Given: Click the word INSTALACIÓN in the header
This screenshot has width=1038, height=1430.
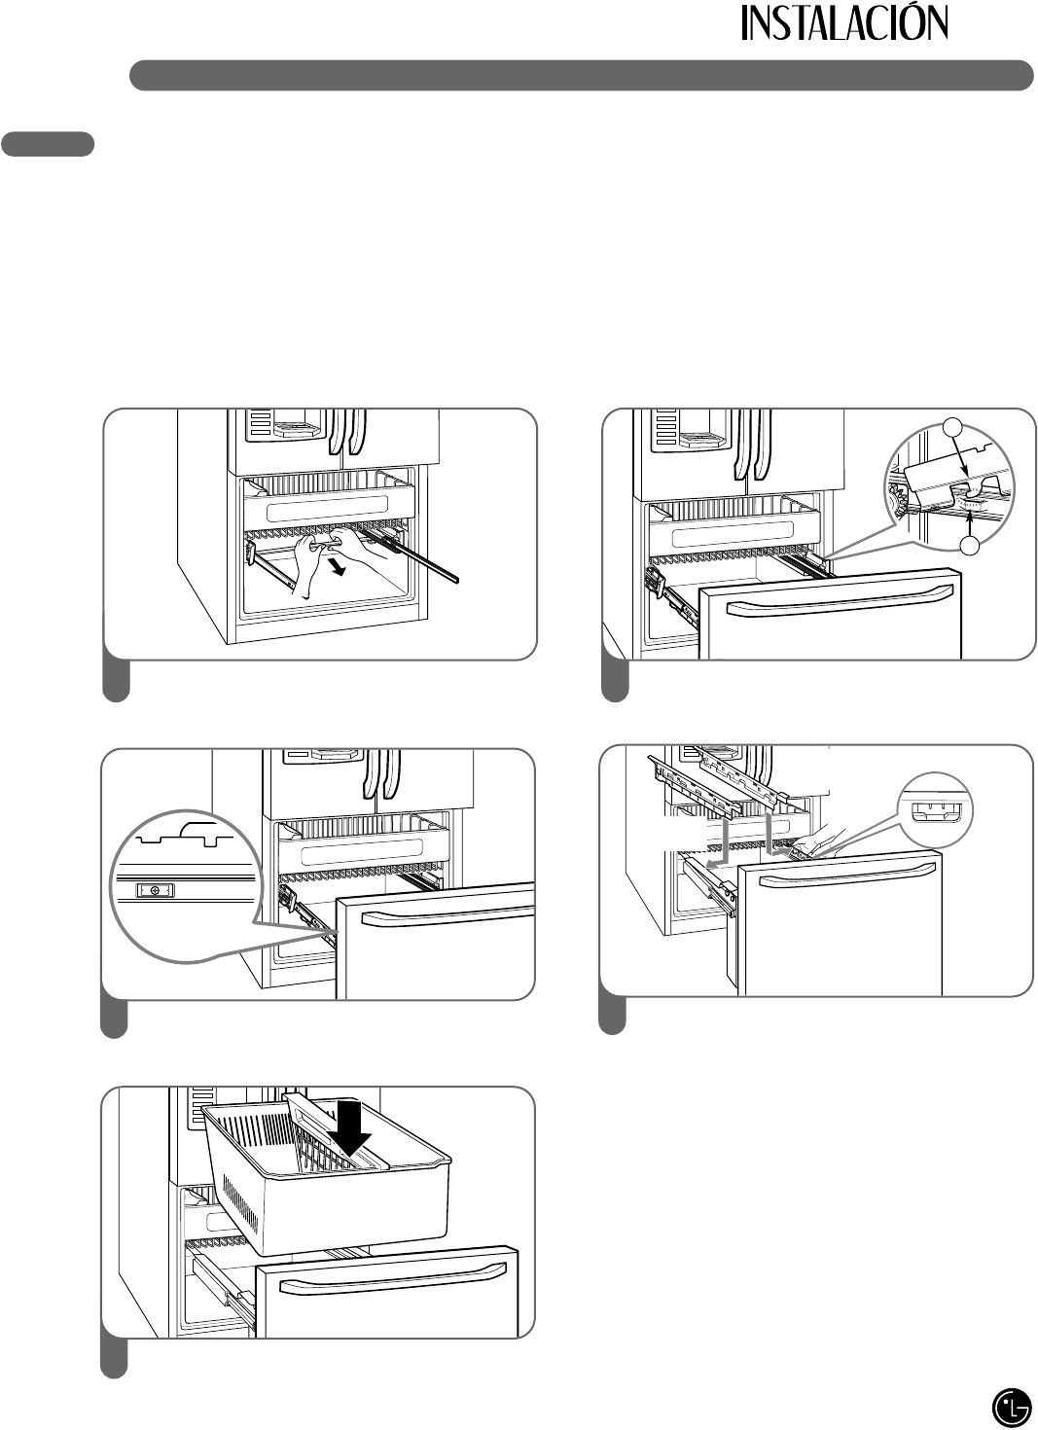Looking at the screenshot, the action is [x=844, y=24].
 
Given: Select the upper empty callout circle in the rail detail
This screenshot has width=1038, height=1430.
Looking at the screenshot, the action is [x=953, y=428].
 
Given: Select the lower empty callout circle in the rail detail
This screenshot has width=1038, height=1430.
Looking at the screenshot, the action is [x=971, y=547].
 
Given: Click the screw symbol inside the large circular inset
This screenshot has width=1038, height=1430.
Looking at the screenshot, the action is [x=155, y=889].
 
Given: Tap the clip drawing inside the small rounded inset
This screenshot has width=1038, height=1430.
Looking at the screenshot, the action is [x=935, y=812].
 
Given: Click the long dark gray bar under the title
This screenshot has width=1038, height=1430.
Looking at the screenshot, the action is [x=581, y=75].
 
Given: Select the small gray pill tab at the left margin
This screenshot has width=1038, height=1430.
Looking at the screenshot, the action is [x=48, y=144].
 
